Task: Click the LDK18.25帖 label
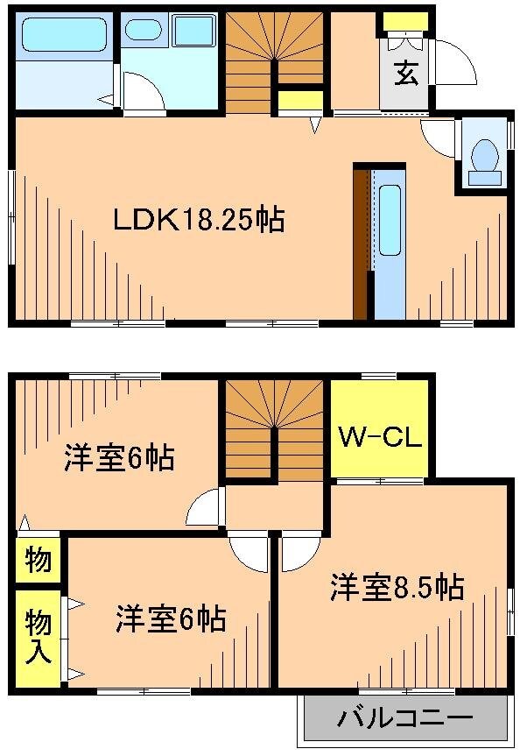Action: click(198, 219)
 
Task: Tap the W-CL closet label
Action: click(377, 435)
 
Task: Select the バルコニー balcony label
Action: click(405, 720)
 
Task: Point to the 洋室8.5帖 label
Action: click(397, 586)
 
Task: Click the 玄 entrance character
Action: click(404, 74)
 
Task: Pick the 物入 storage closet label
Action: click(37, 637)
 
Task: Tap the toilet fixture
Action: click(484, 159)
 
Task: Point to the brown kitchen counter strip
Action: click(361, 243)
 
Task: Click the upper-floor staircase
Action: click(277, 428)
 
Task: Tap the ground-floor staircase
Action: click(276, 62)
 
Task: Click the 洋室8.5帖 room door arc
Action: click(297, 552)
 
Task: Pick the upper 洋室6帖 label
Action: click(119, 457)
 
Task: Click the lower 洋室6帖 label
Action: click(171, 620)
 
